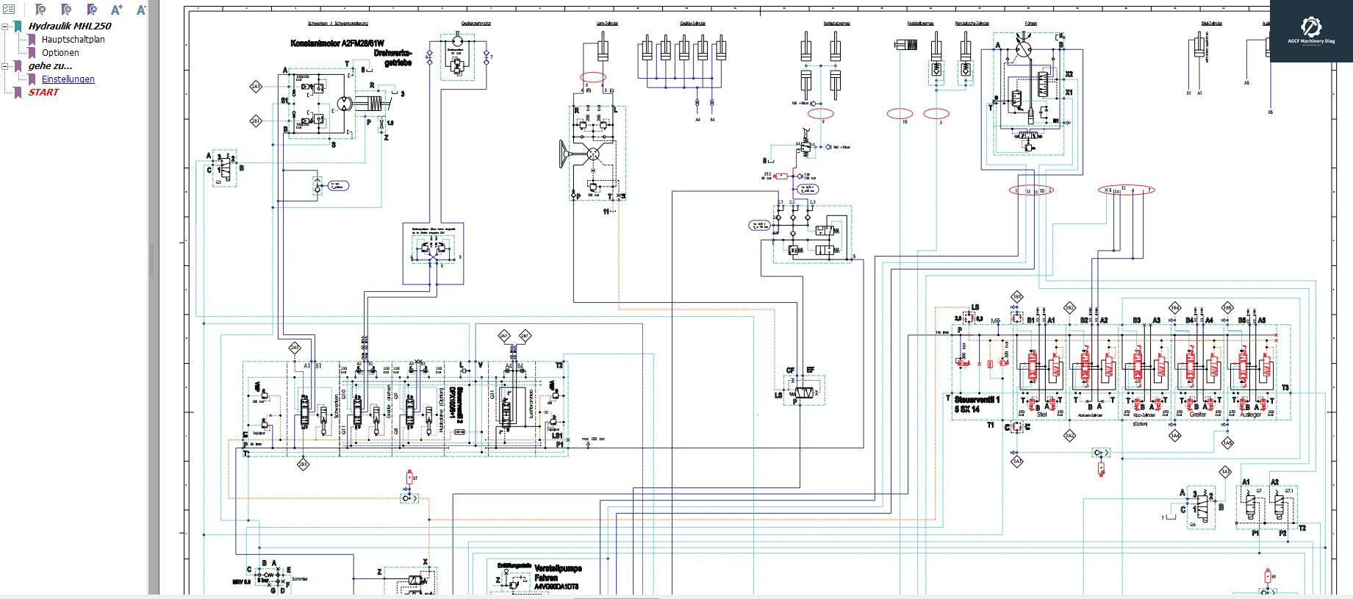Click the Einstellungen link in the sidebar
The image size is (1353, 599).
click(68, 79)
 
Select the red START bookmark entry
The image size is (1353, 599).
click(43, 92)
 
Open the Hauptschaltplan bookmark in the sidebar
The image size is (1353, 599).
click(73, 39)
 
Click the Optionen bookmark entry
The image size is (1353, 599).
click(60, 52)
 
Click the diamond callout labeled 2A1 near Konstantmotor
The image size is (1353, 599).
click(256, 87)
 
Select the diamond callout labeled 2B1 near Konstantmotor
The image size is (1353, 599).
click(256, 121)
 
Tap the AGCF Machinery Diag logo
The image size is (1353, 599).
click(1311, 29)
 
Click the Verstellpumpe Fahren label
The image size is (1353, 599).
click(556, 573)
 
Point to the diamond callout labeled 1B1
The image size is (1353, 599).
click(1016, 297)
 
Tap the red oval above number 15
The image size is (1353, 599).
click(900, 113)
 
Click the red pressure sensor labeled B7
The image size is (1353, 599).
click(409, 478)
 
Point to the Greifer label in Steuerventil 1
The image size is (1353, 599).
click(1198, 415)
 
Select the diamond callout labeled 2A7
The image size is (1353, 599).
click(503, 336)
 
